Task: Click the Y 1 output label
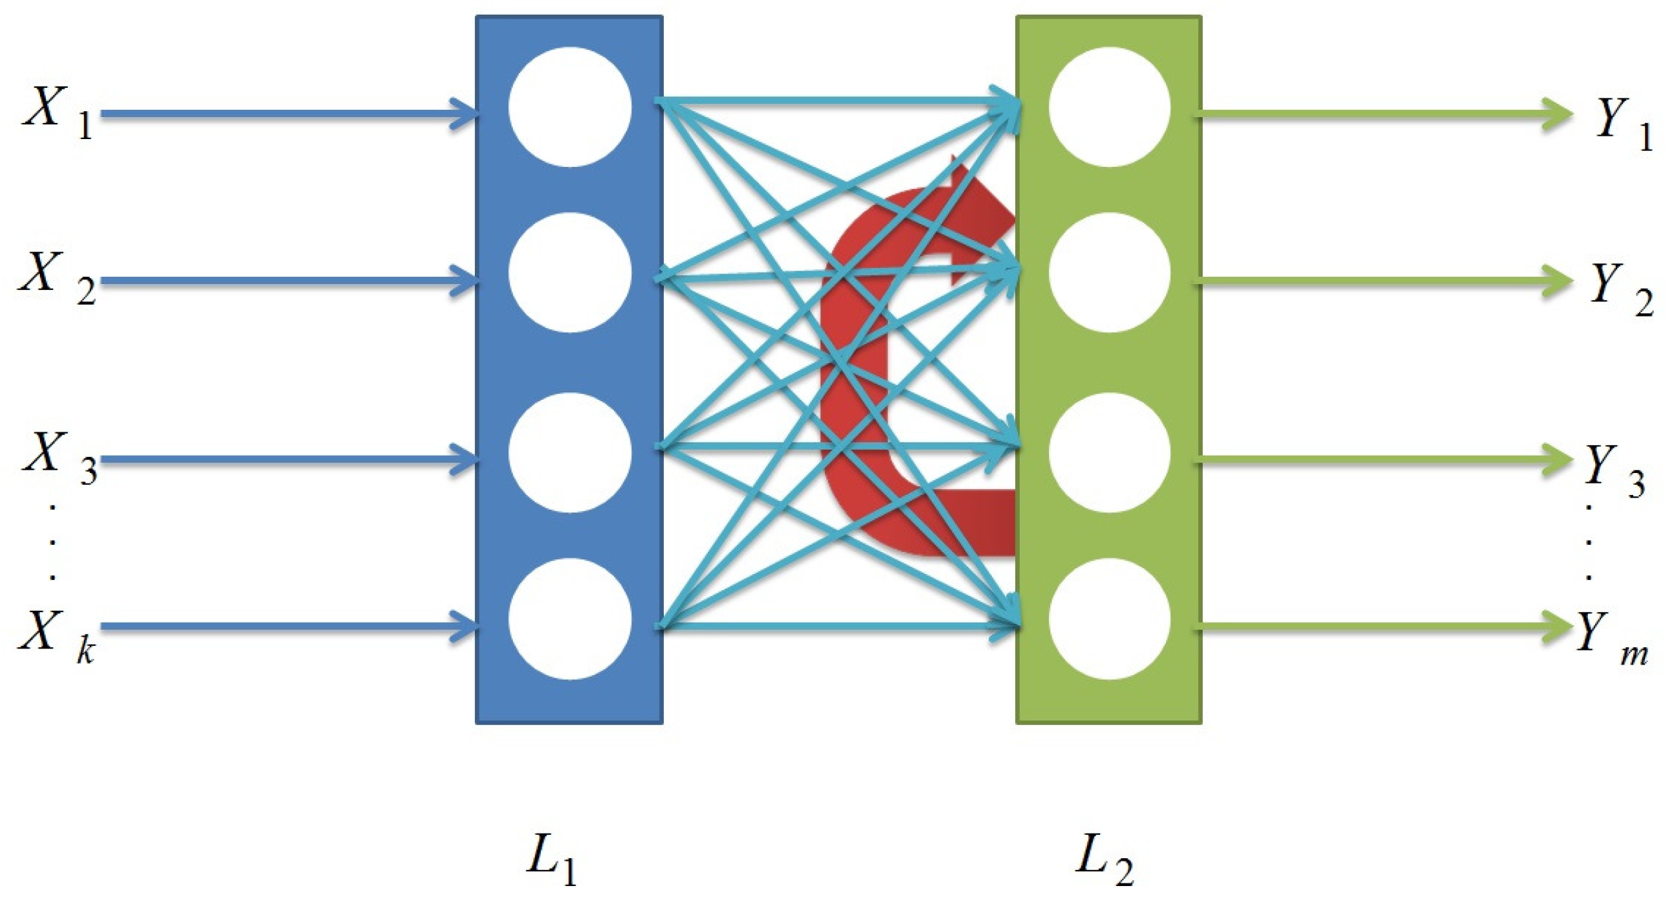coord(1623,123)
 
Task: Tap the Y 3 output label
coord(1614,470)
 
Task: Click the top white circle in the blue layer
coord(570,106)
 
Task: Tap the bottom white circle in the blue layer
coord(570,619)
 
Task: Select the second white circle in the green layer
coord(1110,272)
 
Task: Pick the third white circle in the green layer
coord(1110,452)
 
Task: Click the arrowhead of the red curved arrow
coord(981,220)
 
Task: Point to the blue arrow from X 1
coord(286,114)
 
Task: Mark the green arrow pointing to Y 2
coord(1384,281)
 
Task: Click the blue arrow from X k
coord(286,626)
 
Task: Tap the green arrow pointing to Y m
coord(1384,626)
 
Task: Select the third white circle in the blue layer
coord(570,452)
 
